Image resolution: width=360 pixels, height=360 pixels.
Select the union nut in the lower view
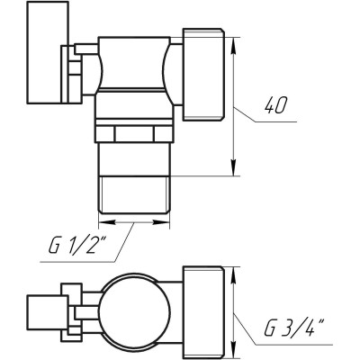point(201,310)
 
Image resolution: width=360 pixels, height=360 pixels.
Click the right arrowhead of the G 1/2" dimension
point(165,219)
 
